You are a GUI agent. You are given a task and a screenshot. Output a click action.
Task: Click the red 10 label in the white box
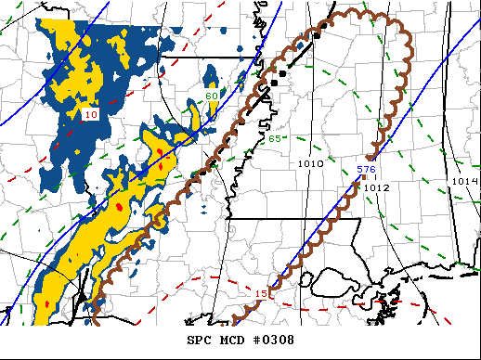[90, 114]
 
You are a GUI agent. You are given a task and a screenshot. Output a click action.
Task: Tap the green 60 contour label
[212, 96]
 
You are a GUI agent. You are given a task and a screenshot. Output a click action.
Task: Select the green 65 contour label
[274, 139]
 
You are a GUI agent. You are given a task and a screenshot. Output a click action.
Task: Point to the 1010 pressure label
[310, 164]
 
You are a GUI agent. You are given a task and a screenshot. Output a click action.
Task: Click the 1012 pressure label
[376, 187]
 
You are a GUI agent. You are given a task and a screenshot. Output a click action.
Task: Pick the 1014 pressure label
[464, 181]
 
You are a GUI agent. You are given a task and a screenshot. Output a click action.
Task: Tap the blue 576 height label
[366, 170]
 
